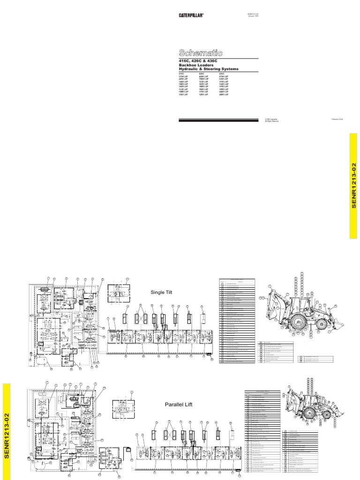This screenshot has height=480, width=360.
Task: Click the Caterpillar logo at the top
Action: (x=191, y=15)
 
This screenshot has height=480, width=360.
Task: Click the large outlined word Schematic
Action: (x=200, y=53)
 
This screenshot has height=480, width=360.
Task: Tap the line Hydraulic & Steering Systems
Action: (x=208, y=69)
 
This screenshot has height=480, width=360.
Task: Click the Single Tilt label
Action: (x=162, y=292)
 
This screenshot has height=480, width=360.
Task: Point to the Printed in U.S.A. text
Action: (x=337, y=120)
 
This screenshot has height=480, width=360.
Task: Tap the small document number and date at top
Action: (x=253, y=15)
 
